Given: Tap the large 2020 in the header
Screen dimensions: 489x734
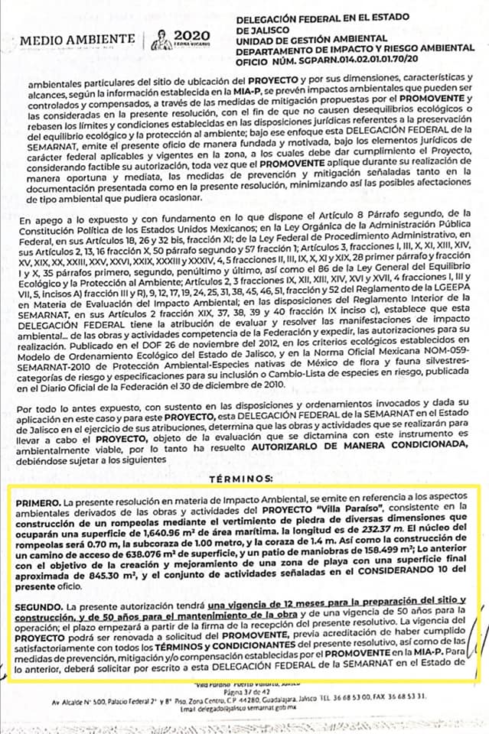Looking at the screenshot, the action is point(191,35).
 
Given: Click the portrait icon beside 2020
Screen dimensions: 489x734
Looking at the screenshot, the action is point(161,39).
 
